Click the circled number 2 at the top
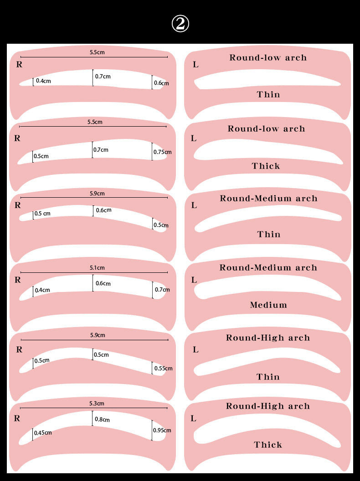click(180, 24)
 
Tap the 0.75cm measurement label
click(162, 152)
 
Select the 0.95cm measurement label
click(162, 430)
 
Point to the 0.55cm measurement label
click(163, 368)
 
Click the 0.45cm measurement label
click(43, 433)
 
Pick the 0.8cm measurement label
click(102, 419)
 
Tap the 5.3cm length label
click(97, 404)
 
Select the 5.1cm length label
click(97, 267)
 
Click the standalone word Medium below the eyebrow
click(268, 305)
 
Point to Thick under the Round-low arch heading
click(266, 166)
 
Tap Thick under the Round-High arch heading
click(268, 445)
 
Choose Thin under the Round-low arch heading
click(268, 94)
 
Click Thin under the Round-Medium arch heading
click(269, 235)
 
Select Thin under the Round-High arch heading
click(268, 377)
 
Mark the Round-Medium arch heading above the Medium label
click(268, 267)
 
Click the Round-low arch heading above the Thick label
click(267, 128)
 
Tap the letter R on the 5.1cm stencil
click(18, 280)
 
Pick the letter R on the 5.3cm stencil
click(17, 418)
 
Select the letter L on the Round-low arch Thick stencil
click(194, 138)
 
